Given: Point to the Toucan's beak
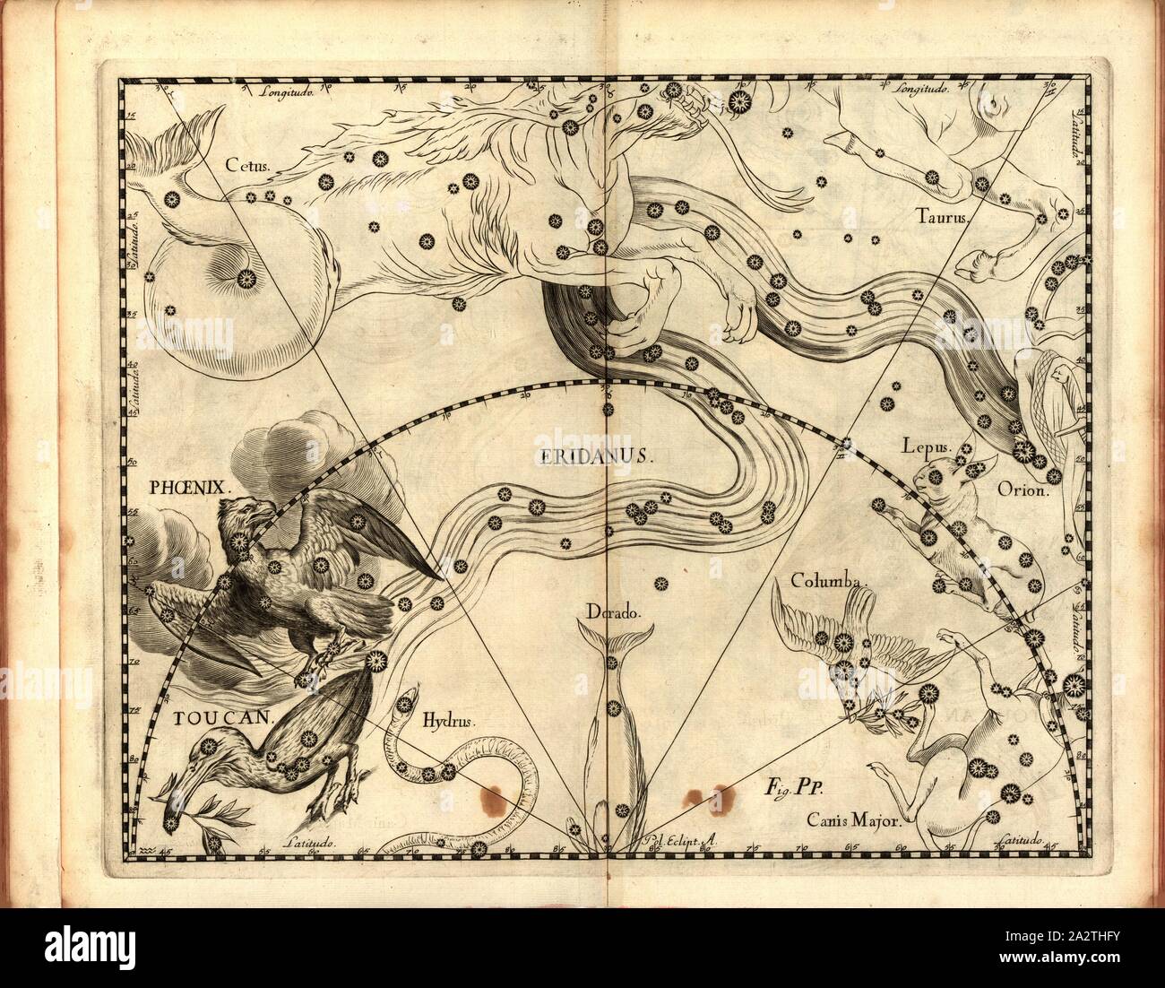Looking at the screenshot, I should tap(176, 780).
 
